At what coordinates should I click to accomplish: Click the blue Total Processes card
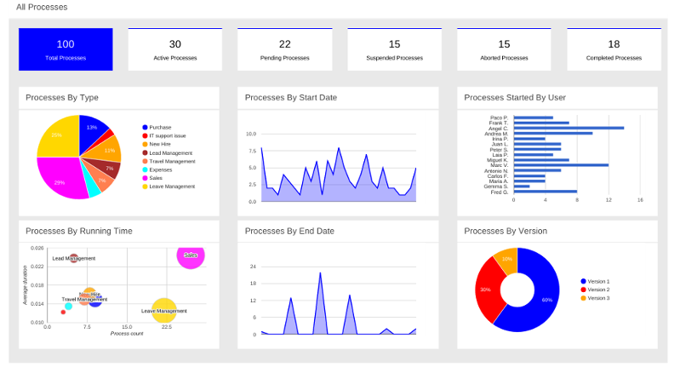click(x=66, y=49)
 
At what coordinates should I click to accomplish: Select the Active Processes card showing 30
click(x=174, y=49)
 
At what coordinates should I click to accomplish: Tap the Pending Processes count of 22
click(x=284, y=44)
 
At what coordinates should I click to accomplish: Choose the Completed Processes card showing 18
click(x=614, y=49)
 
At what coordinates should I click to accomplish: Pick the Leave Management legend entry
click(x=171, y=186)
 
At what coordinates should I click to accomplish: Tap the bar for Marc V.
click(x=561, y=165)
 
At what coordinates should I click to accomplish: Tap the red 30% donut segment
click(x=489, y=289)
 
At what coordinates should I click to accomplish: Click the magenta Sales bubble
click(x=191, y=255)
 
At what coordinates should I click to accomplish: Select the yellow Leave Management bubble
click(x=164, y=311)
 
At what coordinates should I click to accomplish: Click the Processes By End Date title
click(x=289, y=231)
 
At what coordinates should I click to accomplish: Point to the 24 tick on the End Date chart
click(x=253, y=267)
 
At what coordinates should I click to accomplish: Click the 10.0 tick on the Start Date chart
click(x=251, y=135)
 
